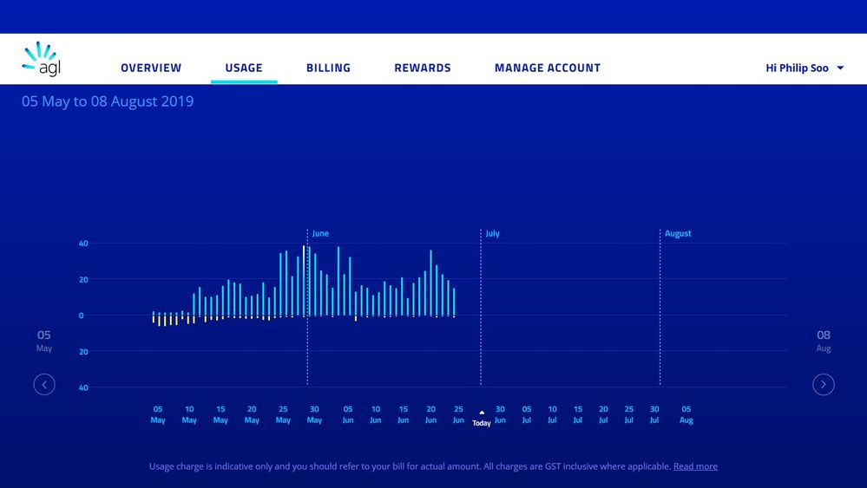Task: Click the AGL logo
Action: pos(41,60)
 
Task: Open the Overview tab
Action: pos(151,68)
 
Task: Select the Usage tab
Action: pos(244,68)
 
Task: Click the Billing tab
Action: pos(328,68)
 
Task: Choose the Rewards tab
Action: pos(423,68)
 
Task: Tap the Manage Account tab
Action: pos(548,68)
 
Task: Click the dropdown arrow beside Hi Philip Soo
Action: pos(840,68)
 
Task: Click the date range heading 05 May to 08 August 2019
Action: pos(108,101)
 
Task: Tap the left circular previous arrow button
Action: pos(44,384)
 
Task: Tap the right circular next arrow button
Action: pos(824,384)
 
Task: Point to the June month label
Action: pos(320,234)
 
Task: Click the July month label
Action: pos(493,234)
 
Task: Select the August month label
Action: pos(678,234)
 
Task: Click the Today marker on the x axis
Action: pos(482,420)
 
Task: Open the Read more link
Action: pos(695,466)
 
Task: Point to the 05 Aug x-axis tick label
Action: pos(686,414)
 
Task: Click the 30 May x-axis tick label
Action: pos(314,414)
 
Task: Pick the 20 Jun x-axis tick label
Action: pos(430,414)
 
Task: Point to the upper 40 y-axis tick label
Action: pos(83,244)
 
